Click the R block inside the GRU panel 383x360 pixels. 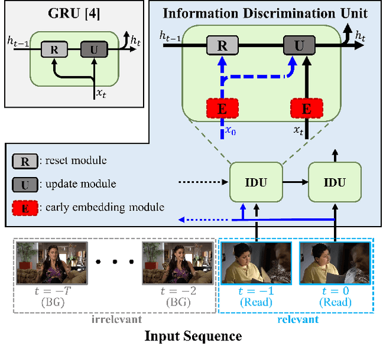54,50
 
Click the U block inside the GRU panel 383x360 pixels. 92,50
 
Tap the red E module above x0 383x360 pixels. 222,108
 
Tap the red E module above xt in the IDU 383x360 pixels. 306,108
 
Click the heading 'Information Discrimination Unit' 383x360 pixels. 265,13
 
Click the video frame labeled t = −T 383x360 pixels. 51,263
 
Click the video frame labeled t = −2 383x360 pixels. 178,263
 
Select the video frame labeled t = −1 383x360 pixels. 256,263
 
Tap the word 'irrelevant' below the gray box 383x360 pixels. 116,319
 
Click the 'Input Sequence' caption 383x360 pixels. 193,336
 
